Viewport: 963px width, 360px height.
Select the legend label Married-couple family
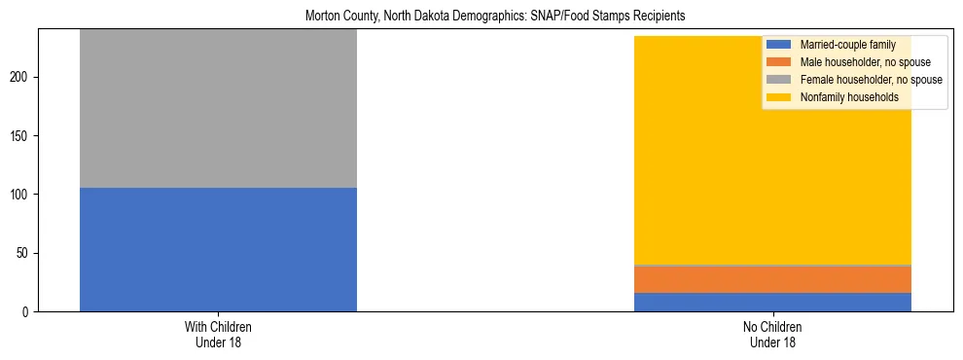(842, 45)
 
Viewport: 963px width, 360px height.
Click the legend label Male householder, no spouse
(856, 62)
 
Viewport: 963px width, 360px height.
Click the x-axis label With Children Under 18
(218, 335)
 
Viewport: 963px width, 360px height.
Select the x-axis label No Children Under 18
(772, 335)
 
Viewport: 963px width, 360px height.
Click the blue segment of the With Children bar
(218, 249)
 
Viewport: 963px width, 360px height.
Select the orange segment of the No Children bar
(772, 279)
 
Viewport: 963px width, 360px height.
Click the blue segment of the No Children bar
(772, 302)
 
